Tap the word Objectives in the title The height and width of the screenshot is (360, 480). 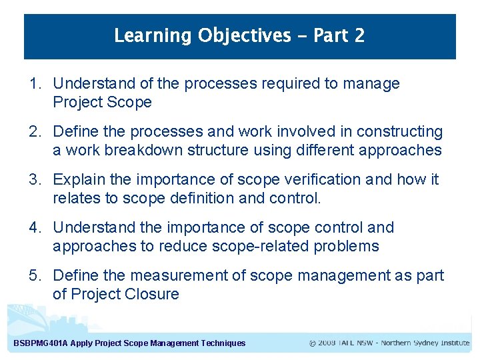[x=245, y=35]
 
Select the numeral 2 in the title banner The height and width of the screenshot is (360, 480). [x=359, y=35]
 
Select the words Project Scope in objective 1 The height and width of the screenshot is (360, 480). [x=102, y=103]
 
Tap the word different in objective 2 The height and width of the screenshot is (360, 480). [x=322, y=151]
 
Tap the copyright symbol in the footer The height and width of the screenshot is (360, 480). [x=313, y=343]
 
